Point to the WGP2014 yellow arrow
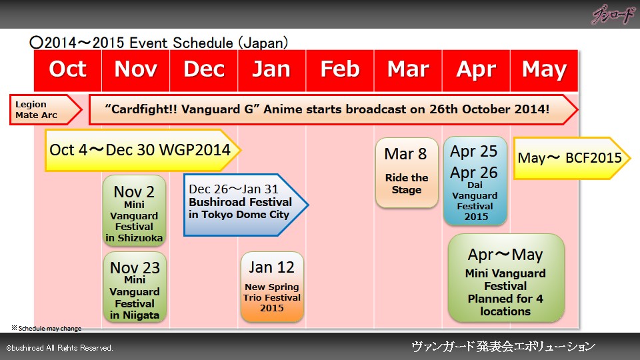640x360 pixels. (143, 150)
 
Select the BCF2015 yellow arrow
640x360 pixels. (572, 158)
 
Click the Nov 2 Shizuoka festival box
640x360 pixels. (134, 211)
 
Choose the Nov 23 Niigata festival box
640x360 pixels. (135, 287)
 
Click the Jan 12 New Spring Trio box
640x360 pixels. (272, 287)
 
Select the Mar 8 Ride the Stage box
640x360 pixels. (407, 173)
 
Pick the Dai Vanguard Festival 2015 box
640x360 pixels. (475, 181)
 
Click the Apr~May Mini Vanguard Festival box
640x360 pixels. (506, 278)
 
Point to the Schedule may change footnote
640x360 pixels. (46, 328)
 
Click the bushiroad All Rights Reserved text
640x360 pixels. (59, 348)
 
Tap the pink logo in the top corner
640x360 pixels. (613, 15)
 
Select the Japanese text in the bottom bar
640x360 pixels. (503, 347)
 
